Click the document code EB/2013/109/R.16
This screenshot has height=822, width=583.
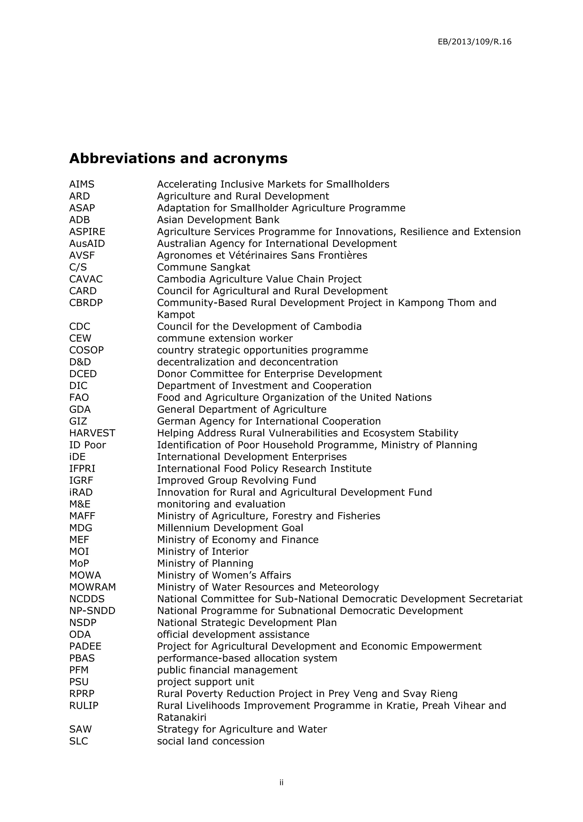click(474, 42)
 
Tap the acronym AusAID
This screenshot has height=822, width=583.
click(87, 243)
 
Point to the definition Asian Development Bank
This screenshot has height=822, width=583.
click(218, 220)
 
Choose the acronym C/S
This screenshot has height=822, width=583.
click(78, 267)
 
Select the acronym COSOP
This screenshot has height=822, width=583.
click(86, 350)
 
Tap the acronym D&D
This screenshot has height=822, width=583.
click(80, 362)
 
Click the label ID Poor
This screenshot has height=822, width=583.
click(88, 445)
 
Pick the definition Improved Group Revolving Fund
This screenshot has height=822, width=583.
click(236, 480)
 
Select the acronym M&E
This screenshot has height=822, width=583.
click(80, 504)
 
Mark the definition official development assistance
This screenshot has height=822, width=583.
click(233, 634)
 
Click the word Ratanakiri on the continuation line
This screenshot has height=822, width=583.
click(182, 717)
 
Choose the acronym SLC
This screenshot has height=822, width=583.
click(79, 741)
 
